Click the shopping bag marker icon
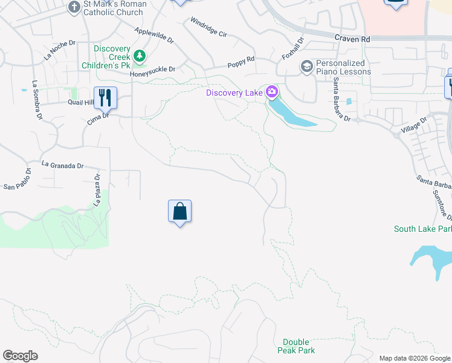(179, 212)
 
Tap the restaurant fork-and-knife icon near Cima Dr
(106, 97)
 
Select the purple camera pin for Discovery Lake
(271, 92)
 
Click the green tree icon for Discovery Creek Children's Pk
(140, 56)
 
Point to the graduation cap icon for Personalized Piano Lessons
(307, 66)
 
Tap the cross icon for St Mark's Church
(74, 7)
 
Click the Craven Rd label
(352, 38)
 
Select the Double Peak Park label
(296, 346)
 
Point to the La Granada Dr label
(62, 165)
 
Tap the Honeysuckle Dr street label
(152, 70)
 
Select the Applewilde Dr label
(154, 35)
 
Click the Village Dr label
(413, 126)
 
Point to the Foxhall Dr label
(292, 48)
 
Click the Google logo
(20, 356)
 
